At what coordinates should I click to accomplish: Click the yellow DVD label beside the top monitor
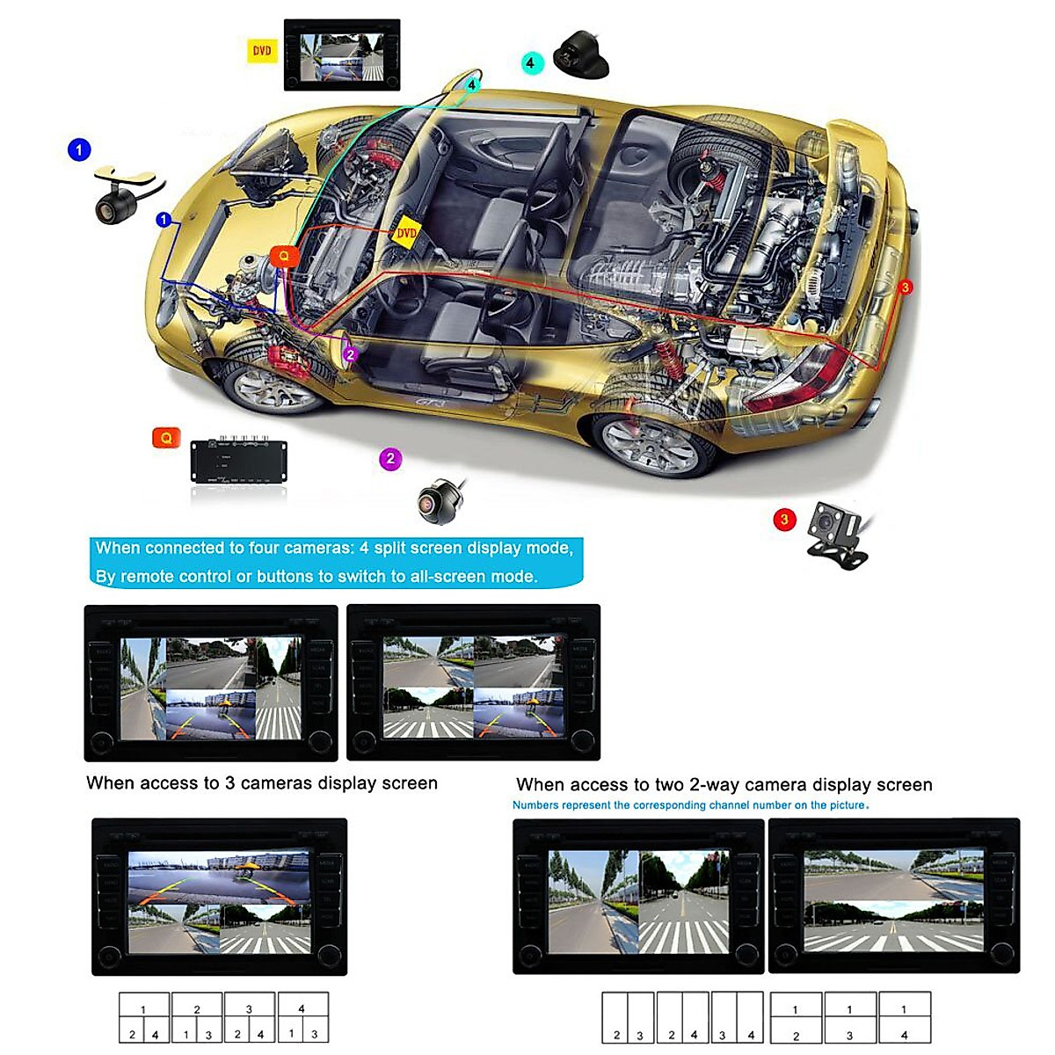point(261,51)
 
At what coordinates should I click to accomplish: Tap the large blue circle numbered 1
point(79,149)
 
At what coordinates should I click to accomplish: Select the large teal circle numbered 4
point(530,62)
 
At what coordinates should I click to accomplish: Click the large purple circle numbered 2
point(390,459)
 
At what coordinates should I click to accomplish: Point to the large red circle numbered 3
point(784,520)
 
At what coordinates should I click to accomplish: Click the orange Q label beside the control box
point(166,437)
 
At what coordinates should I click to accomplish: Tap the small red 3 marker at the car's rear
point(905,287)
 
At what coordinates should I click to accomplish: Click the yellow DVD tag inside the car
point(406,233)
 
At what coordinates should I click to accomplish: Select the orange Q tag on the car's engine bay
point(283,257)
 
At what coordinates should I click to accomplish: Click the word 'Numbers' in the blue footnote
point(535,805)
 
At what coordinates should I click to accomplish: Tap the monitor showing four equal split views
point(473,683)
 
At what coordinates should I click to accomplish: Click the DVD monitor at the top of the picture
point(342,55)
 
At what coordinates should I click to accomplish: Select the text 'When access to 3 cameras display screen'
point(261,783)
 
